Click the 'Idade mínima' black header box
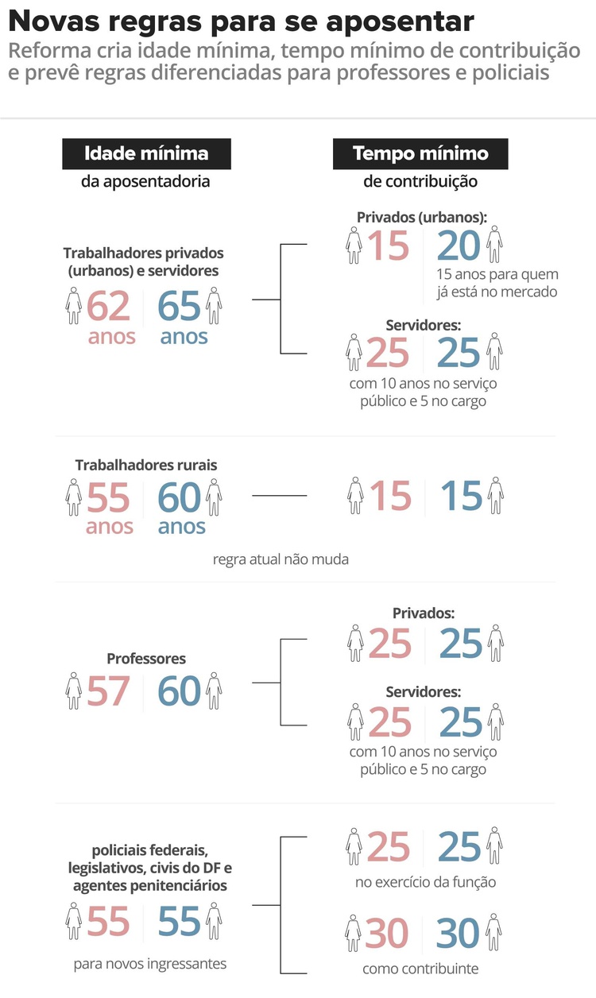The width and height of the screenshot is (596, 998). coord(146,153)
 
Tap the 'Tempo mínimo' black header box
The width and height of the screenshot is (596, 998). coord(420,153)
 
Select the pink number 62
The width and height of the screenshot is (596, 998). coord(108,306)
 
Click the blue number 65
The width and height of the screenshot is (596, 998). coord(179,306)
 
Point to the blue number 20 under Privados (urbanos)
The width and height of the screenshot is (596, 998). coord(459,246)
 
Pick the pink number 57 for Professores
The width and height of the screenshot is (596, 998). coord(108,690)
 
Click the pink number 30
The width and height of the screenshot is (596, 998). coord(387,933)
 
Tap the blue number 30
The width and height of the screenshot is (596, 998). coord(458,933)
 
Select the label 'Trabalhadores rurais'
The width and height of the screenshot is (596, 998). coord(146,465)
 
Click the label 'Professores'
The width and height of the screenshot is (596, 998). coord(146,659)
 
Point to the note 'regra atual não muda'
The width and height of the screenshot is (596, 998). coord(281,559)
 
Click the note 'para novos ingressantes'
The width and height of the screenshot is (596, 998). coord(150,964)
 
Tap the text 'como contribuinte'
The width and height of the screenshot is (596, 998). coord(420,969)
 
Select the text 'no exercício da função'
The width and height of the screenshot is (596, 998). coord(425,882)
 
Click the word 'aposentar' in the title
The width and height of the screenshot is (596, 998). coord(400,22)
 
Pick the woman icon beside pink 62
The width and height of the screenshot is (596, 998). coord(73,305)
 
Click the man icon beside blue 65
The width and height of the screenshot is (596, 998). coord(214,305)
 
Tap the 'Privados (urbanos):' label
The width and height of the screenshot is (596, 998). coord(422,218)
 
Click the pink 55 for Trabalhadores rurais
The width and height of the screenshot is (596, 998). coord(108,497)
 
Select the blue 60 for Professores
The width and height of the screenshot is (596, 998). coord(179,690)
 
